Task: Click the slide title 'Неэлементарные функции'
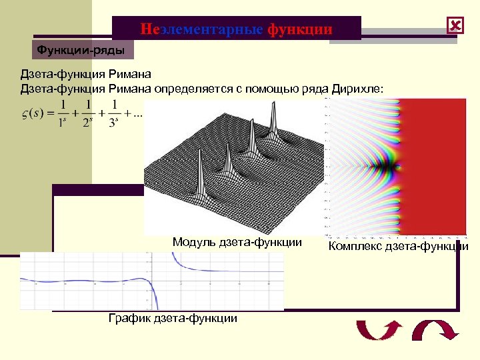point(236,29)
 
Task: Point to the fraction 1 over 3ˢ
point(115,111)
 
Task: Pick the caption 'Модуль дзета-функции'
point(237,241)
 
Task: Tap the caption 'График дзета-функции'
point(173,318)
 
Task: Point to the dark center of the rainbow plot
point(388,162)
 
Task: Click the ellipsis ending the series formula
point(138,113)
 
